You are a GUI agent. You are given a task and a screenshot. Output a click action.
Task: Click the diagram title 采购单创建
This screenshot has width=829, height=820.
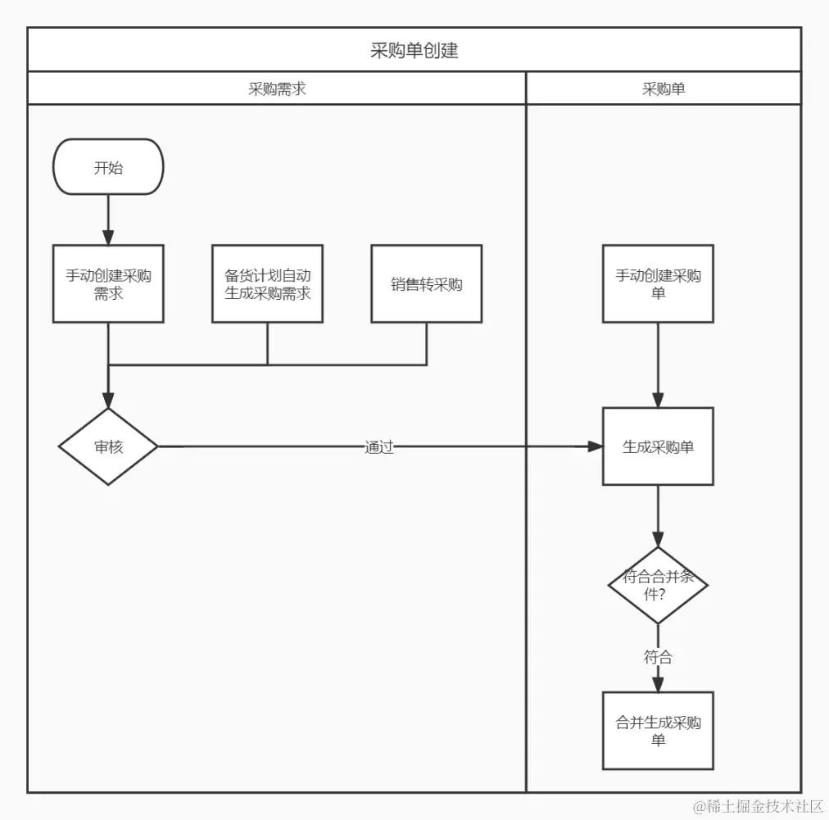tap(414, 50)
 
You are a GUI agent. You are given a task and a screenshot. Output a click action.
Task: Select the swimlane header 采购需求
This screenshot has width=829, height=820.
tap(277, 89)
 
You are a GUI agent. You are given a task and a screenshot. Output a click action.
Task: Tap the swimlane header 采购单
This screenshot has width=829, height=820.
tap(663, 89)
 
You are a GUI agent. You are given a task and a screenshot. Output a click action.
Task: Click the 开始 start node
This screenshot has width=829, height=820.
tap(108, 167)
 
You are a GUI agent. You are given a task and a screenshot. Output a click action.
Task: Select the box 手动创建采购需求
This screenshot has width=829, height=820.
tap(108, 283)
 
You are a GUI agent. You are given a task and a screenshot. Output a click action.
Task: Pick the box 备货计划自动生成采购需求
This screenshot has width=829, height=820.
tap(267, 283)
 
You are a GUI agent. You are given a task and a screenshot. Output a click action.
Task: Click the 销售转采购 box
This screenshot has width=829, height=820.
tap(426, 283)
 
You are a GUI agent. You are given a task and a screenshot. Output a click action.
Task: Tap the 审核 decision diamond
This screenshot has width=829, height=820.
tap(108, 446)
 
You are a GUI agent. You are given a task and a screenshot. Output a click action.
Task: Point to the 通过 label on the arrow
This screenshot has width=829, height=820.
tap(378, 447)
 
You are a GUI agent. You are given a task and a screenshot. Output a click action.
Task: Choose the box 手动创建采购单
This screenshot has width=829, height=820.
tap(658, 283)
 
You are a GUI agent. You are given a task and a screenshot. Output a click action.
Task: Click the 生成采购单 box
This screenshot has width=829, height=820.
tap(658, 446)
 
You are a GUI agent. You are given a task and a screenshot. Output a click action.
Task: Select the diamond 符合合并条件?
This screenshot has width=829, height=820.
tap(658, 585)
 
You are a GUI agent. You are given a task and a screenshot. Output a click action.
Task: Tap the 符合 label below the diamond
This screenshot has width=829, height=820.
tap(658, 657)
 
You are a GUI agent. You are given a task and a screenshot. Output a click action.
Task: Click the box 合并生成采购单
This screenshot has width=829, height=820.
tap(658, 731)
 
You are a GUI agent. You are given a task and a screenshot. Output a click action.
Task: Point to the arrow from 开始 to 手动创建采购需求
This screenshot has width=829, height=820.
tap(108, 219)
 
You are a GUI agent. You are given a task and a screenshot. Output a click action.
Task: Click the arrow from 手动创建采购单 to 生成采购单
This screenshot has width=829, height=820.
tap(658, 364)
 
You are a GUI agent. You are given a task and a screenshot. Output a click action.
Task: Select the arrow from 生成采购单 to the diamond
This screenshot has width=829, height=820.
tap(658, 516)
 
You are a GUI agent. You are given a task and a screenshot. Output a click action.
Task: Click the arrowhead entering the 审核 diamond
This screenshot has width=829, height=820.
tap(108, 399)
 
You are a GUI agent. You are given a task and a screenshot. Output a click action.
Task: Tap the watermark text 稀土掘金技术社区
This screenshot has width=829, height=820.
tap(758, 806)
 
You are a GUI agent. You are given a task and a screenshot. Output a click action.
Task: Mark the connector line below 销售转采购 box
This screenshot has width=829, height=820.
tap(426, 344)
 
